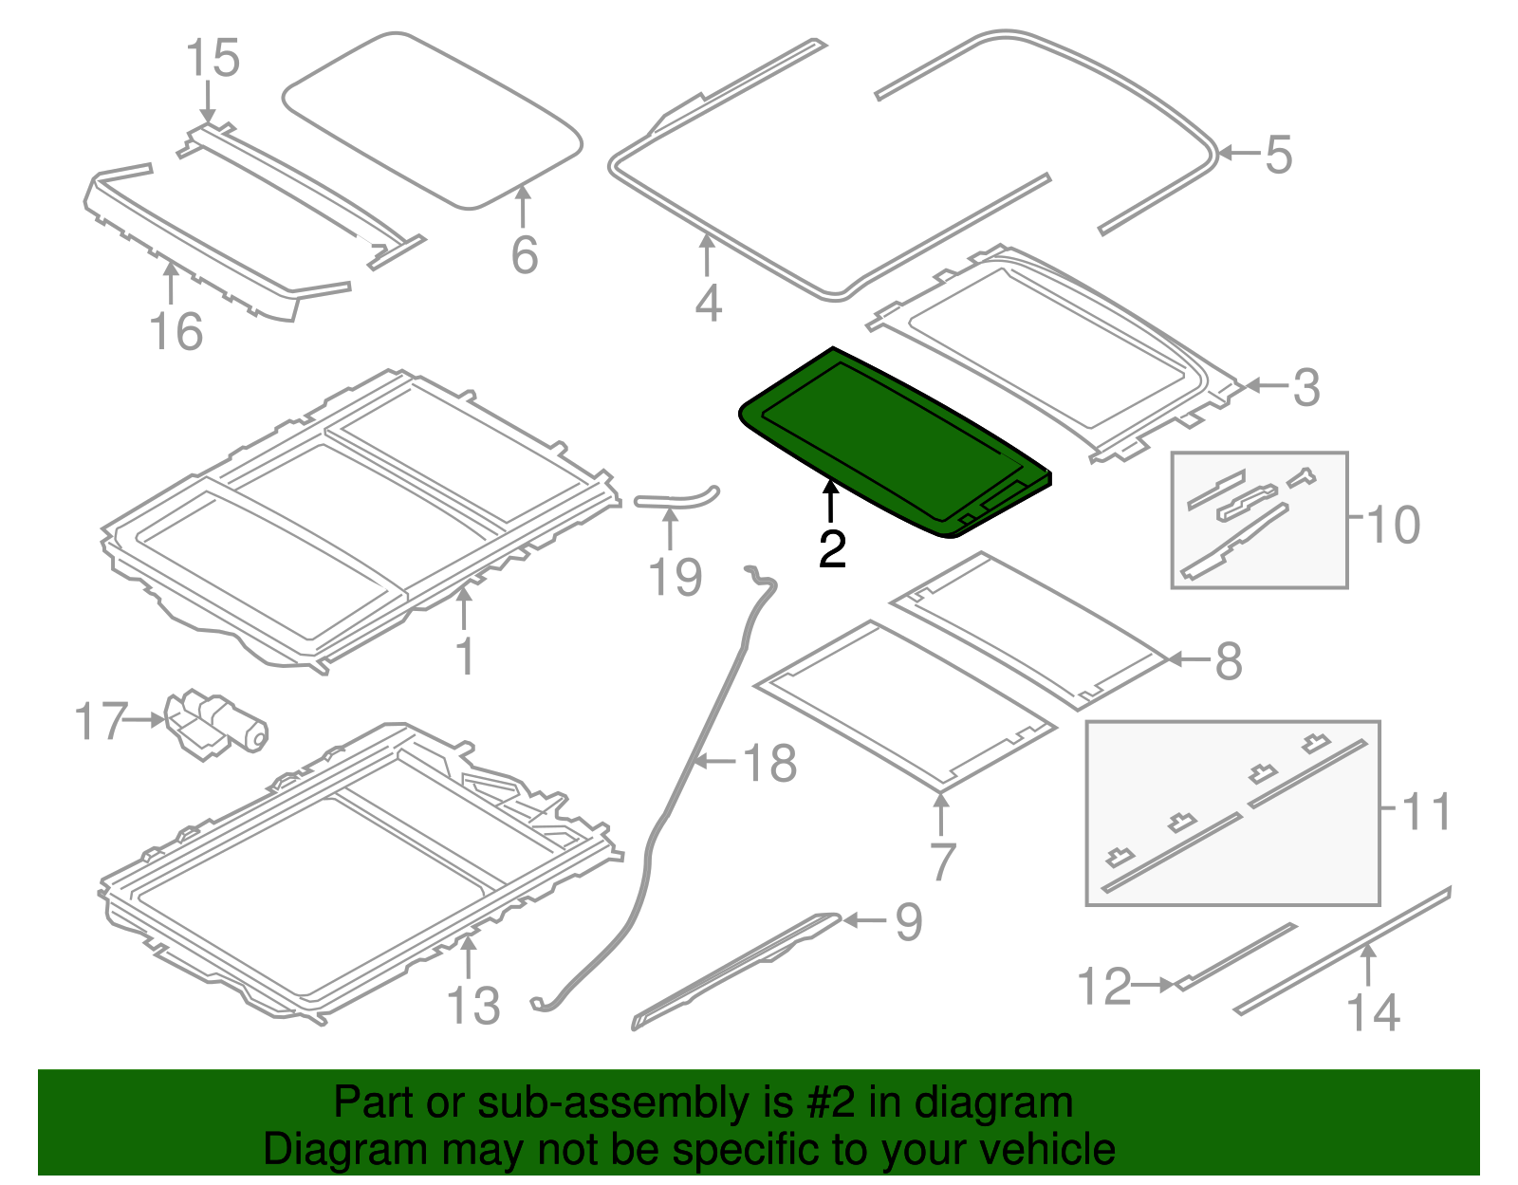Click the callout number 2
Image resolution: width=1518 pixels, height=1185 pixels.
coord(832,549)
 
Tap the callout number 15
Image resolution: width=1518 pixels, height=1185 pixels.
coord(213,58)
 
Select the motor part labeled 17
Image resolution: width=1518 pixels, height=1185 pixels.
coord(216,727)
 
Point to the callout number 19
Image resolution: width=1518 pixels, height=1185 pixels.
coord(675,578)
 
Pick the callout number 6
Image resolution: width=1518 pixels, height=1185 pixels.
coord(525,255)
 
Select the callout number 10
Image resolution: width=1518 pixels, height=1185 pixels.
coord(1393,525)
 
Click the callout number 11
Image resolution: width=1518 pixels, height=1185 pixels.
coord(1425,811)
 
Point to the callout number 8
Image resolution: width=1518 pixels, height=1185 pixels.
coord(1229,660)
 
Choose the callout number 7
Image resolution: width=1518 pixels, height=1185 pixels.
coord(942,861)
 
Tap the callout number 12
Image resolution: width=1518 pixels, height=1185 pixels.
coord(1104,986)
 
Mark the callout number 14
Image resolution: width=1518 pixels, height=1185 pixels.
coord(1374,1012)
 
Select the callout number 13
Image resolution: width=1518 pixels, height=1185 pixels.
coord(473,1007)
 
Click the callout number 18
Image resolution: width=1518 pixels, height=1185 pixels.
coord(769,763)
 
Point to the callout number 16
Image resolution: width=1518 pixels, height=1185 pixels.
coord(176,331)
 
